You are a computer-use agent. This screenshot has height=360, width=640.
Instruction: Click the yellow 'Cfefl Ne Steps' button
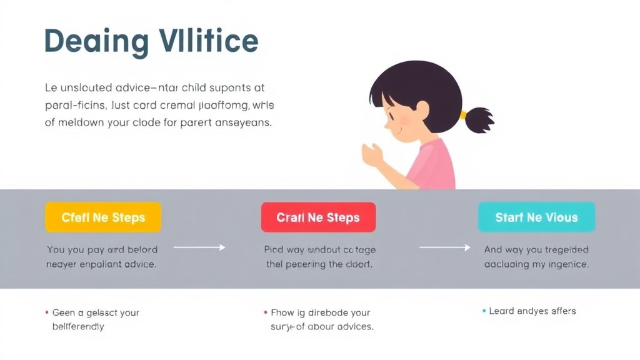(x=103, y=217)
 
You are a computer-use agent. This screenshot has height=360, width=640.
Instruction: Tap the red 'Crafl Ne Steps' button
(x=318, y=217)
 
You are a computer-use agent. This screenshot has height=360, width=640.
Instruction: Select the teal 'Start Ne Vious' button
(x=536, y=217)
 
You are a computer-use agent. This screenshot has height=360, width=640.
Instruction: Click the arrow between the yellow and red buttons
(x=199, y=248)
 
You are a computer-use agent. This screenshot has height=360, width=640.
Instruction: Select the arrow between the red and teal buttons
(x=444, y=248)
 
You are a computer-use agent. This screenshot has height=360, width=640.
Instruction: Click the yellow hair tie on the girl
(x=463, y=115)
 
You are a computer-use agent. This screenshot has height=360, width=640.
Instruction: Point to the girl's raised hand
(x=372, y=154)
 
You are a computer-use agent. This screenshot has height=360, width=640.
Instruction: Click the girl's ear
(x=422, y=110)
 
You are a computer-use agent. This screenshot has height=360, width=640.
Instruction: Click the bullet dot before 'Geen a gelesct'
(x=47, y=312)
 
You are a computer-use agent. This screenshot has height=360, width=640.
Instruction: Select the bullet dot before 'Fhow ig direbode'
(x=266, y=312)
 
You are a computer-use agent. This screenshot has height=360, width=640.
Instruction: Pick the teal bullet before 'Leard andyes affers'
(x=484, y=311)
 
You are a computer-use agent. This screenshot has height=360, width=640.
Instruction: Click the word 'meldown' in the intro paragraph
(x=81, y=122)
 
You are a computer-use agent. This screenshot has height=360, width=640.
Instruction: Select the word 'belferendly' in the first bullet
(x=78, y=326)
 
